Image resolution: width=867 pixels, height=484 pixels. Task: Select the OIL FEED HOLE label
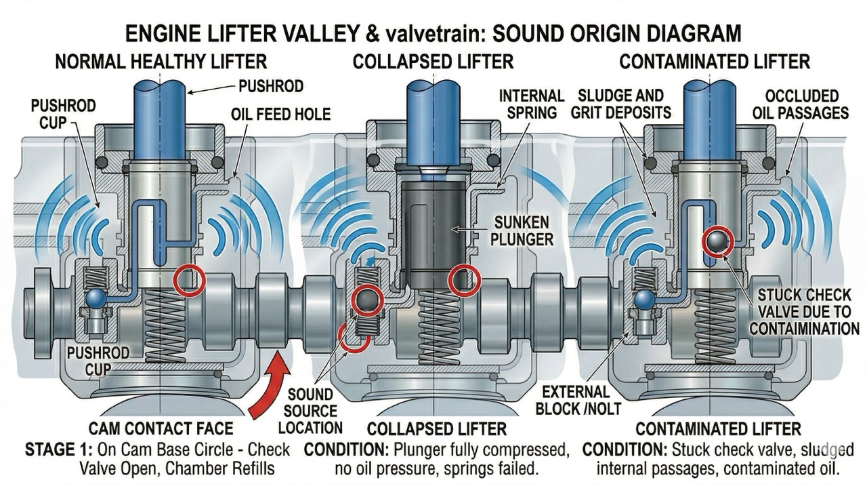[x=281, y=115]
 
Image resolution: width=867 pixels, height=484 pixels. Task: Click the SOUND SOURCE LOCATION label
[x=310, y=411]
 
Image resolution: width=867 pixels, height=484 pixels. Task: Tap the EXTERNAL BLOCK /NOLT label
[x=572, y=401]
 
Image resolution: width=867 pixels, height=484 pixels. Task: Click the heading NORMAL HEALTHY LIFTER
[x=161, y=62]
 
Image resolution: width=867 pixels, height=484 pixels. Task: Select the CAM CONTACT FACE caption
[x=161, y=428]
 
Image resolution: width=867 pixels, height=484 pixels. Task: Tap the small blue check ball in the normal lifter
[x=96, y=298]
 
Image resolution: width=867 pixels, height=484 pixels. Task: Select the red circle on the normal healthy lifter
[x=188, y=281]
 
